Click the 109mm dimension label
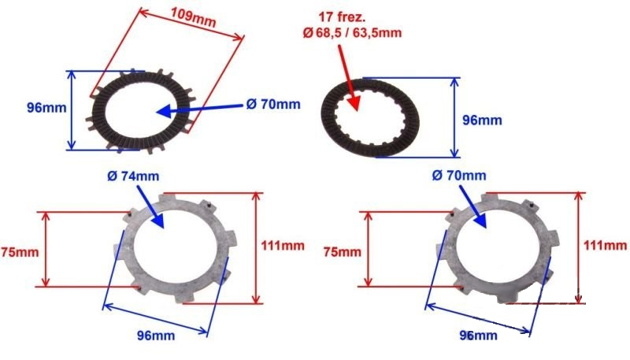pyautogui.click(x=193, y=17)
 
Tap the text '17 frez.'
pyautogui.click(x=342, y=17)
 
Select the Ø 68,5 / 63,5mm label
pyautogui.click(x=352, y=32)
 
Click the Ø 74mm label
pyautogui.click(x=133, y=176)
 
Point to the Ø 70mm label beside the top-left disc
pyautogui.click(x=273, y=105)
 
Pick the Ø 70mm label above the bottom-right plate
pyautogui.click(x=459, y=175)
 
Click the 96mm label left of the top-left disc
pyautogui.click(x=46, y=108)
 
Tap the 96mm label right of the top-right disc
pyautogui.click(x=482, y=121)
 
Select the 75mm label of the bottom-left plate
pyautogui.click(x=20, y=252)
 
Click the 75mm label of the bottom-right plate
pyautogui.click(x=343, y=252)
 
